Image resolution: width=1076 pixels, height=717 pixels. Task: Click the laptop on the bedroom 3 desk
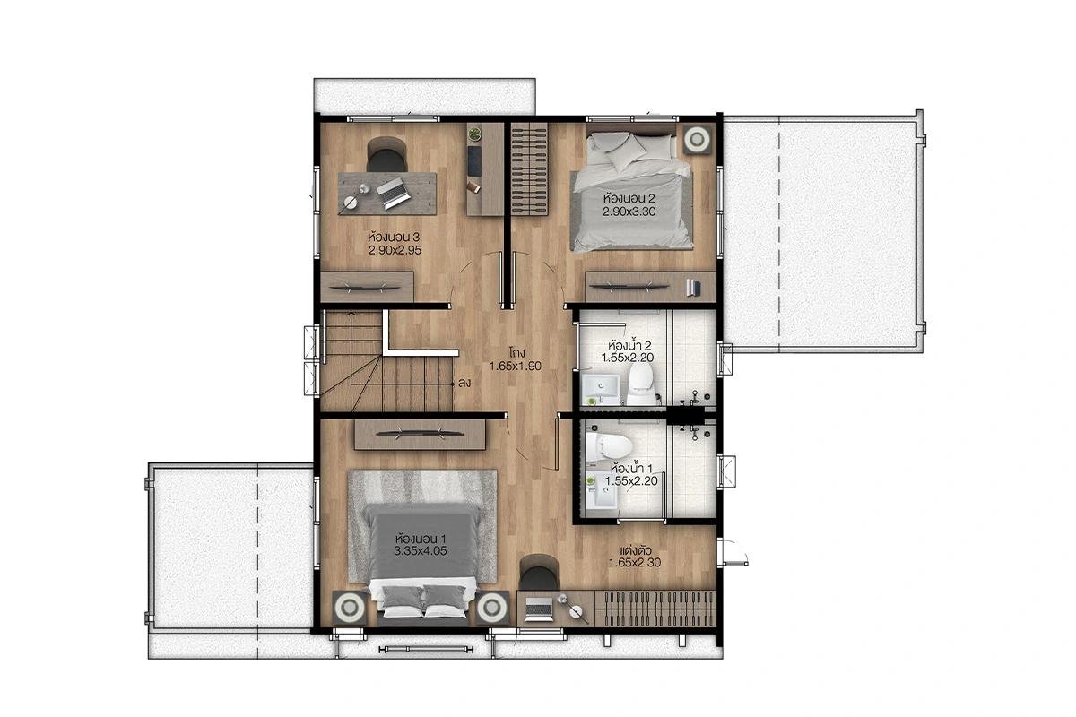pyautogui.click(x=393, y=193)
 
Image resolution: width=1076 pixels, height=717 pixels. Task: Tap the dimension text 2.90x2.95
pyautogui.click(x=395, y=250)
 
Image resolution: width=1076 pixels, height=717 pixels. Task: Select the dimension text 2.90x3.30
pyautogui.click(x=629, y=212)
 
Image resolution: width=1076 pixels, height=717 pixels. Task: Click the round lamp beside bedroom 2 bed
pyautogui.click(x=697, y=140)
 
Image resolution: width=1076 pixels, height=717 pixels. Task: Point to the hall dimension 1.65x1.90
pyautogui.click(x=516, y=367)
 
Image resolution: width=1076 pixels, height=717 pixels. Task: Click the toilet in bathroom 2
pyautogui.click(x=642, y=384)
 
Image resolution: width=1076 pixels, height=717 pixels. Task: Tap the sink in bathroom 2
pyautogui.click(x=601, y=390)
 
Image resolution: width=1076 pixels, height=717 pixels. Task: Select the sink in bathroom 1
pyautogui.click(x=602, y=490)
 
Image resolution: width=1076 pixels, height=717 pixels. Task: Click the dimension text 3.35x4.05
pyautogui.click(x=421, y=551)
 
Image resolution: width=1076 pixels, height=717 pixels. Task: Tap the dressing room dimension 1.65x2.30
pyautogui.click(x=635, y=562)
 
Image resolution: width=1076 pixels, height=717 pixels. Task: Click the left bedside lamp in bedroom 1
pyautogui.click(x=349, y=607)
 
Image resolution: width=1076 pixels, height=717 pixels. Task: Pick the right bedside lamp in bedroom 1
pyautogui.click(x=492, y=607)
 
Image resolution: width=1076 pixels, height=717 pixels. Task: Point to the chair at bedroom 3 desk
pyautogui.click(x=386, y=155)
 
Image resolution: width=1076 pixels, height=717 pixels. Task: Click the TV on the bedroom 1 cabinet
pyautogui.click(x=420, y=434)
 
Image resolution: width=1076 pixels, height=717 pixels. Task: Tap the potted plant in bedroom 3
pyautogui.click(x=474, y=134)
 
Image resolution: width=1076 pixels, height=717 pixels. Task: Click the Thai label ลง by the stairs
pyautogui.click(x=464, y=384)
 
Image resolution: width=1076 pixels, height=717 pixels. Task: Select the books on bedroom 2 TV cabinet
pyautogui.click(x=693, y=288)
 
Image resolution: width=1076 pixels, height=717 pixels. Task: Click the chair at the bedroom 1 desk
pyautogui.click(x=539, y=573)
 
